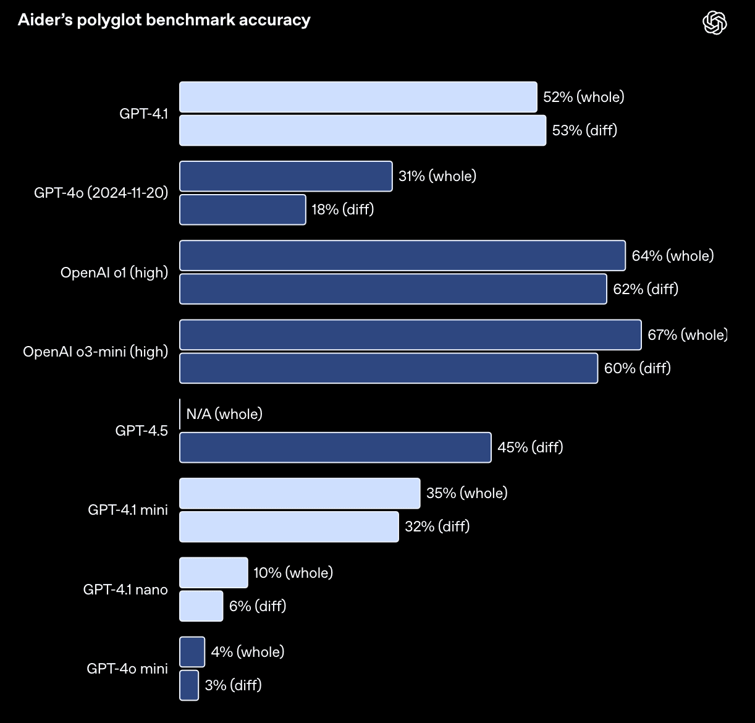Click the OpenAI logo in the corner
pos(715,23)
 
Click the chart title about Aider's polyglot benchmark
pos(164,20)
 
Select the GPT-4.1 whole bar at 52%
pos(358,97)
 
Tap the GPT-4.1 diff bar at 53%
pos(363,130)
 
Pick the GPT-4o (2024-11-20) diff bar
pos(242,209)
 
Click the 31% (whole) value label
pos(437,176)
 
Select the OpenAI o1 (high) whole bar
pos(402,255)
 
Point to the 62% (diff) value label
pos(645,289)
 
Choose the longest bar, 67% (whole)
pos(410,335)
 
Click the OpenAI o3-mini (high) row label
pos(95,352)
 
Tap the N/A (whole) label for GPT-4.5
pos(224,414)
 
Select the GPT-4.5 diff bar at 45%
pos(335,447)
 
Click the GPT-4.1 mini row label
pos(127,510)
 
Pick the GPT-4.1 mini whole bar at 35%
pos(300,493)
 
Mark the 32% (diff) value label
pos(437,526)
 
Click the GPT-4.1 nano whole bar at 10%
pos(213,572)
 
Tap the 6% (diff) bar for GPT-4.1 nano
pos(201,606)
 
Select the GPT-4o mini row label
pos(127,668)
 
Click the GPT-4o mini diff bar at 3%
pos(189,685)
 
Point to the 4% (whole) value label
pos(247,652)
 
